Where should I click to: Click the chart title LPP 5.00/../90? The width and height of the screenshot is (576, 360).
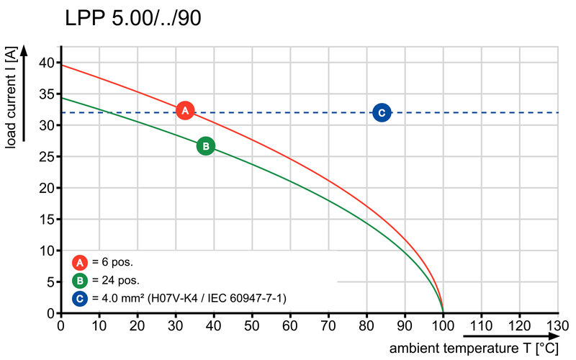point(133,19)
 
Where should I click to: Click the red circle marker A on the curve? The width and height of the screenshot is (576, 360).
point(185,110)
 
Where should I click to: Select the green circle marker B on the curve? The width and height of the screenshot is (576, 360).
point(205,146)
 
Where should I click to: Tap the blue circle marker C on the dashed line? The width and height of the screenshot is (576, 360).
point(382,112)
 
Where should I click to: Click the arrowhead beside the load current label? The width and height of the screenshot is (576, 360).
point(24,50)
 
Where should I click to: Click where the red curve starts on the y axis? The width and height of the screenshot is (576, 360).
point(61,66)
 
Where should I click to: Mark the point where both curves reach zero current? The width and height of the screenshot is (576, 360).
point(443,312)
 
